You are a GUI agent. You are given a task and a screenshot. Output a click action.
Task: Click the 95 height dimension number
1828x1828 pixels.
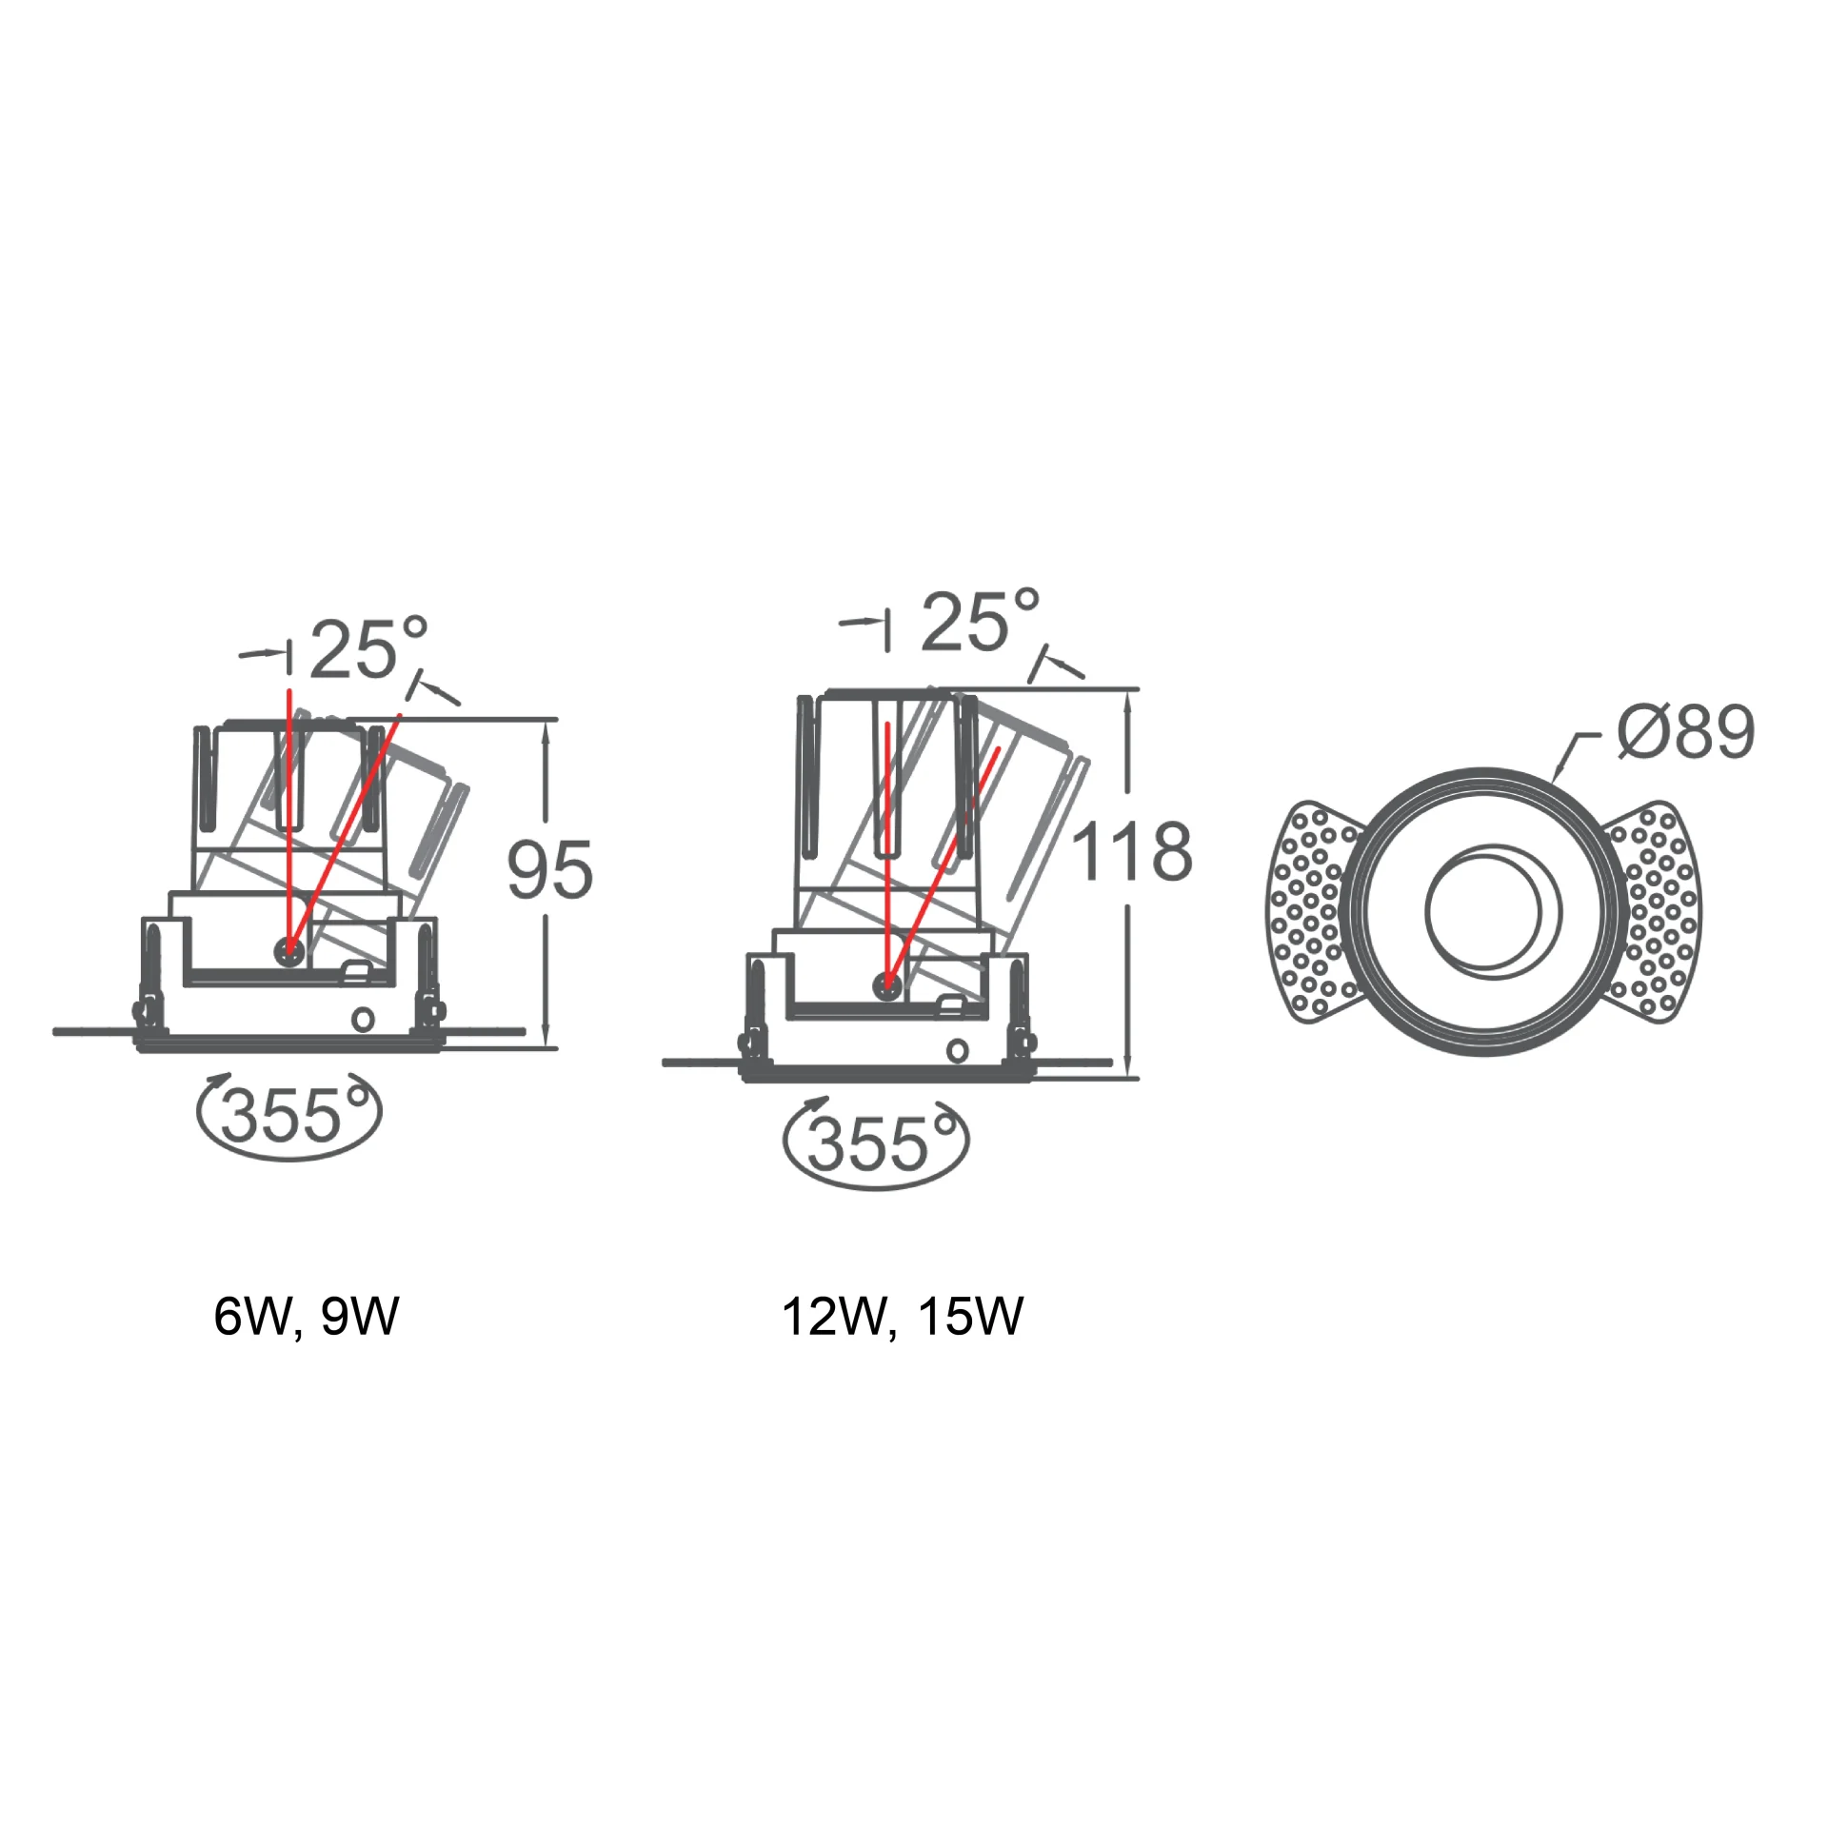549,869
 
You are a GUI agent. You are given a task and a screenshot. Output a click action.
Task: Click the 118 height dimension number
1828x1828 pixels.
1132,850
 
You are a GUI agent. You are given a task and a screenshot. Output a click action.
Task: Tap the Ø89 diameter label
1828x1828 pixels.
1686,732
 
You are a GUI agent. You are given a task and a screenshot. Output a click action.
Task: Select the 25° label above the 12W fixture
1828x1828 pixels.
981,621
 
